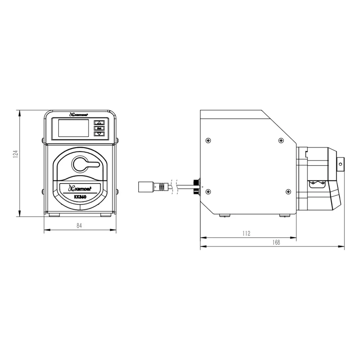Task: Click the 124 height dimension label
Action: pyautogui.click(x=15, y=154)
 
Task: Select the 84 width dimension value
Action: pyautogui.click(x=80, y=226)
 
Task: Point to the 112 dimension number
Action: pyautogui.click(x=246, y=234)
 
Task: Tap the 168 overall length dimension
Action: pyautogui.click(x=276, y=242)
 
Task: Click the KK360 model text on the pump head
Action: pyautogui.click(x=80, y=197)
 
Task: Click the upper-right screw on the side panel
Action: pyautogui.click(x=280, y=140)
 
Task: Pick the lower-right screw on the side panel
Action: pyautogui.click(x=288, y=192)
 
